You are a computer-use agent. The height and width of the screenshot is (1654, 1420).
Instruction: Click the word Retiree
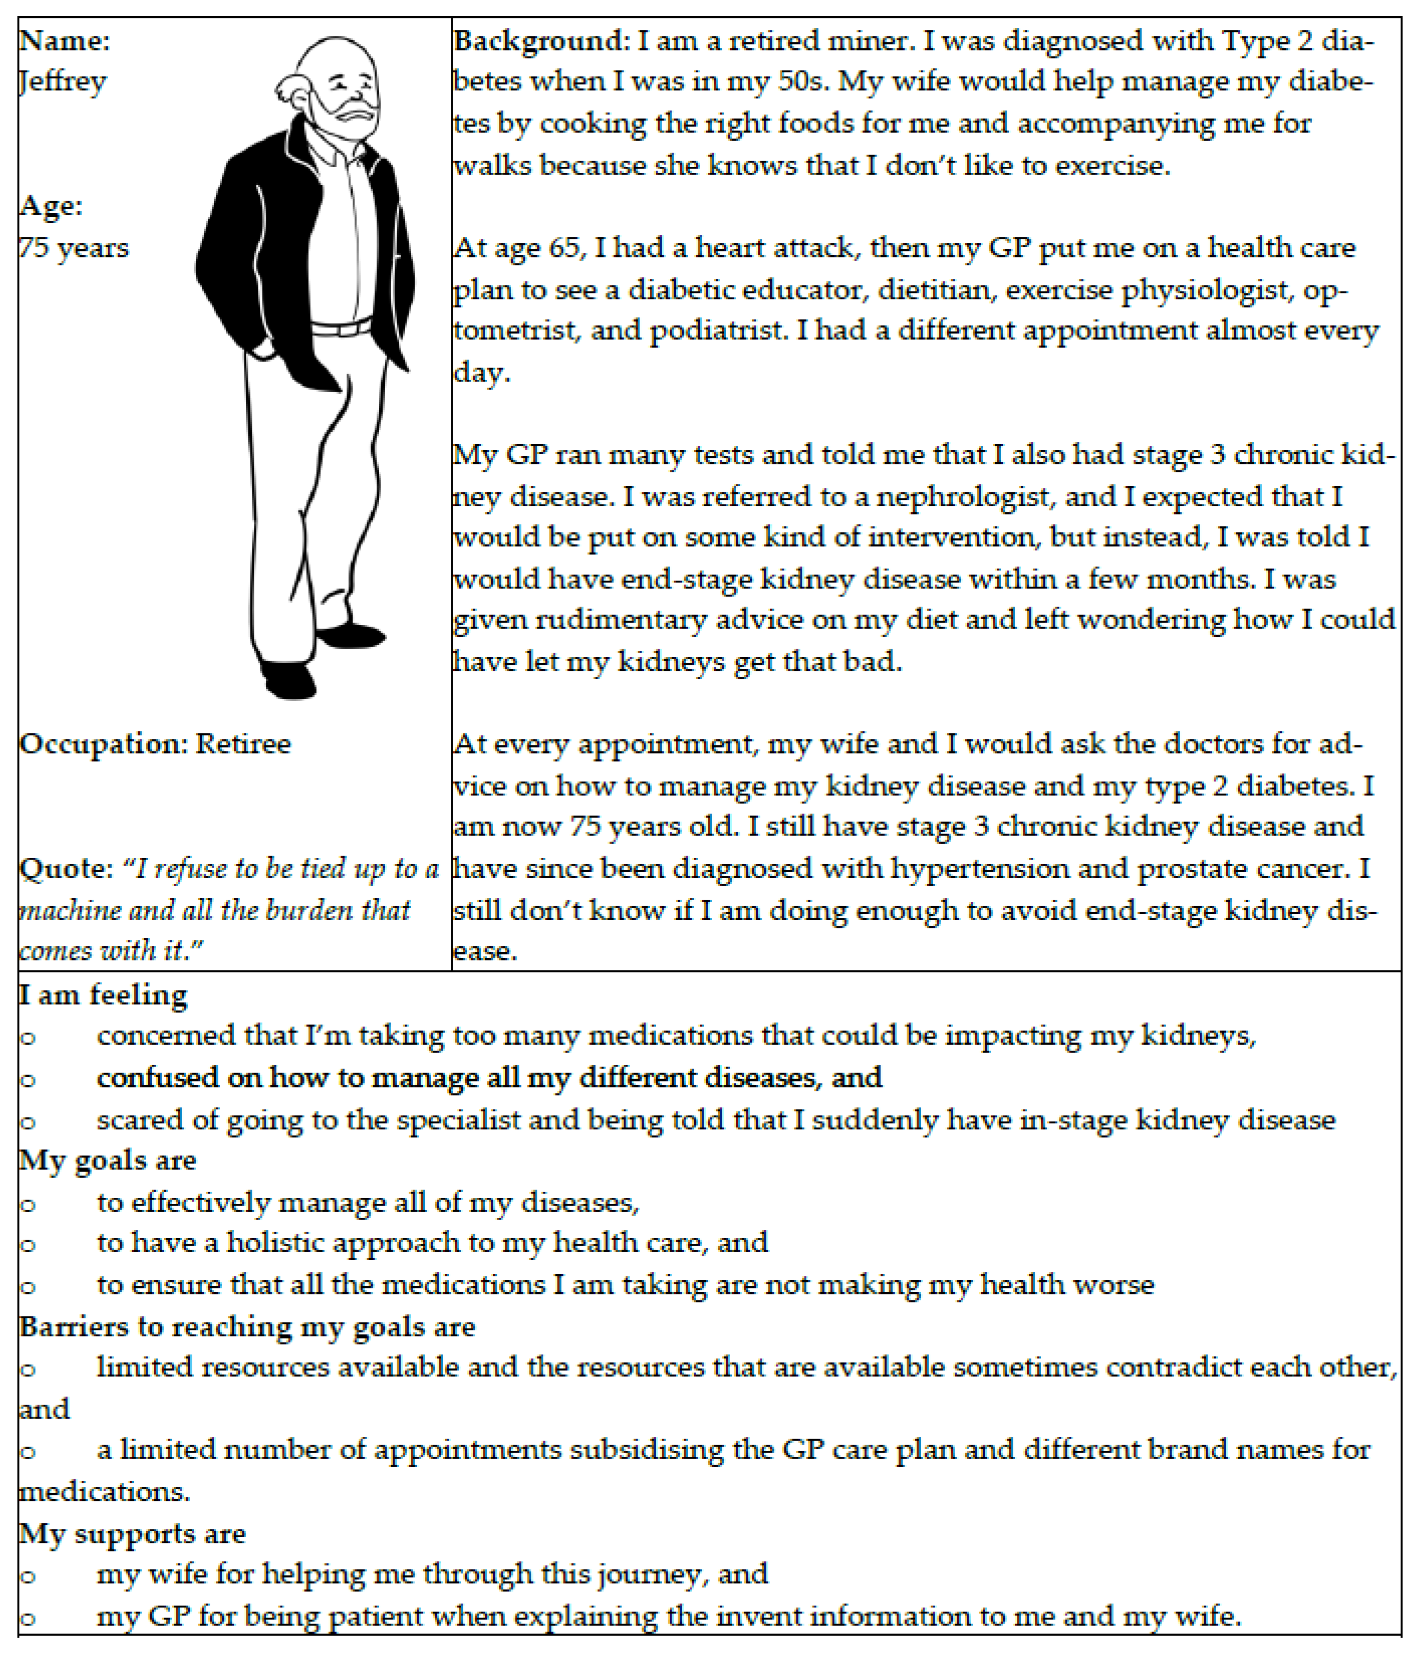tap(243, 744)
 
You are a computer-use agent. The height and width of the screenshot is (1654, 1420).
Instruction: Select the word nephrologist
tap(963, 496)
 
